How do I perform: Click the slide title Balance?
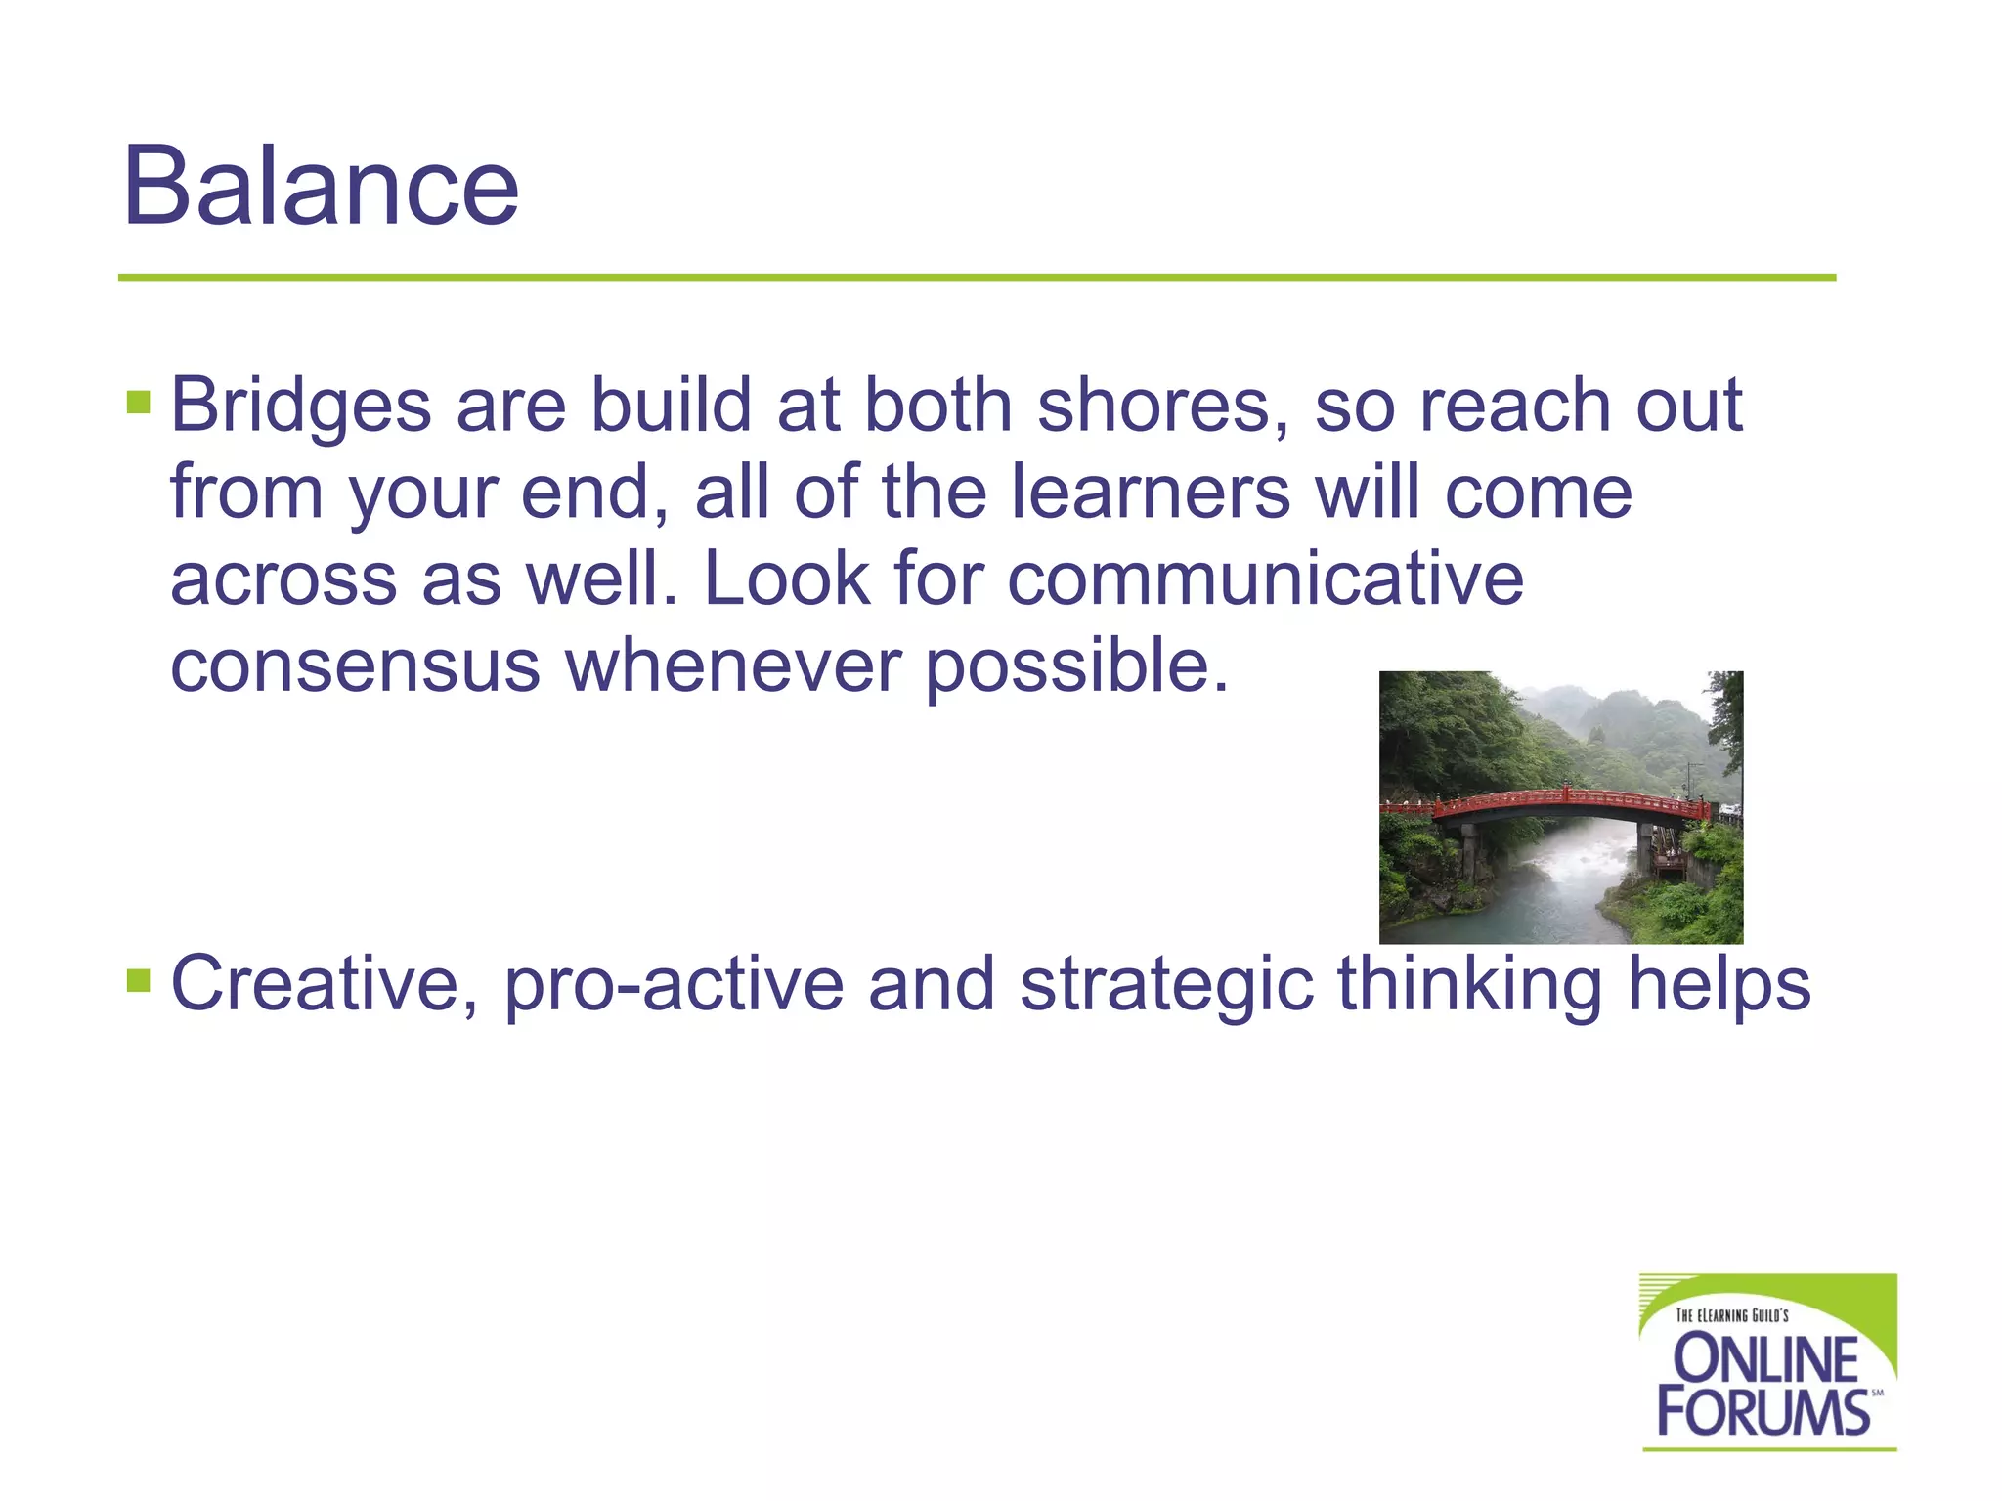coord(321,186)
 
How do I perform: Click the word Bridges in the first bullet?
coord(300,406)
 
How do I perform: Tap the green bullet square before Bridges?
coord(138,402)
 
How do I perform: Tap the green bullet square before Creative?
coord(138,979)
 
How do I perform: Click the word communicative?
coord(1265,579)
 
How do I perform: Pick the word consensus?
coord(355,665)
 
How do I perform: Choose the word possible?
coord(1075,667)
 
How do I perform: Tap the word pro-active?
coord(674,985)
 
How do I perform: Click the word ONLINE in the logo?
coord(1765,1359)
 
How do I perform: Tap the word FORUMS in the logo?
coord(1763,1412)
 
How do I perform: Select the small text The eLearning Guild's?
coord(1731,1315)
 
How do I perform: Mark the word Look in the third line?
coord(786,579)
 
